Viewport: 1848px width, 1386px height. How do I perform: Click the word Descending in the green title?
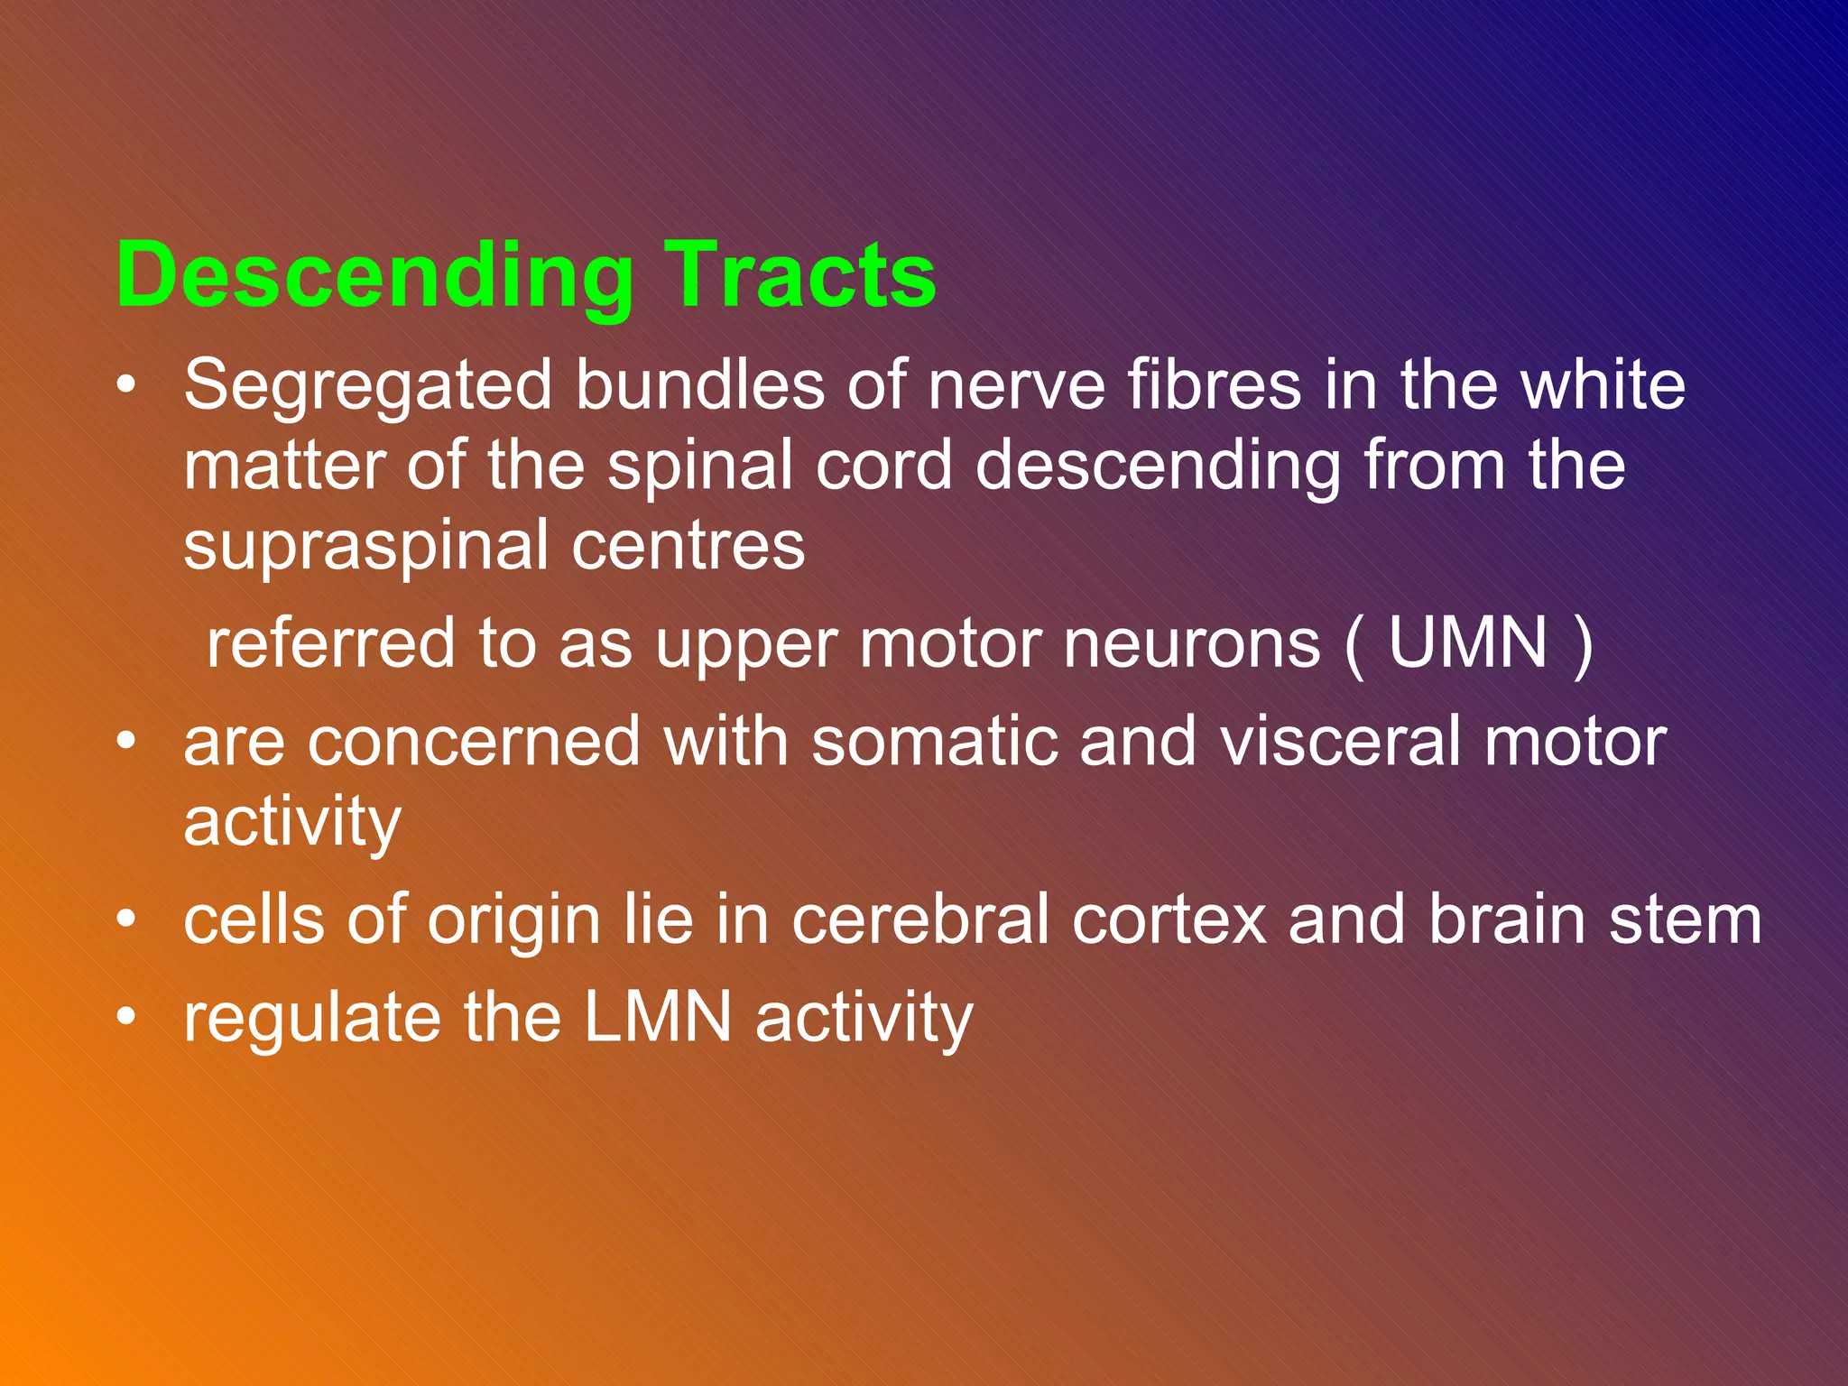[x=374, y=276]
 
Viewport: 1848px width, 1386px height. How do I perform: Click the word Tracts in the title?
[x=799, y=276]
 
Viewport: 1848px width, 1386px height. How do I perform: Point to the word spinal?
[x=698, y=467]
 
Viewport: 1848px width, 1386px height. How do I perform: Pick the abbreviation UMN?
[x=1468, y=642]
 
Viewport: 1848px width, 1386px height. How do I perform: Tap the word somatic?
[x=934, y=742]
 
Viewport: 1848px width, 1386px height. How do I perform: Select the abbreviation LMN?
[x=658, y=1017]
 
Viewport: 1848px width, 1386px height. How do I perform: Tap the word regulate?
[x=311, y=1019]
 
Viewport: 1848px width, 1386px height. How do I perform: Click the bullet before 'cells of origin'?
[x=126, y=919]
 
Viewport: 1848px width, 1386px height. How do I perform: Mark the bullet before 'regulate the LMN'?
[x=126, y=1017]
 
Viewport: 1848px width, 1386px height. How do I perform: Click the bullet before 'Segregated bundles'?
[x=126, y=386]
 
